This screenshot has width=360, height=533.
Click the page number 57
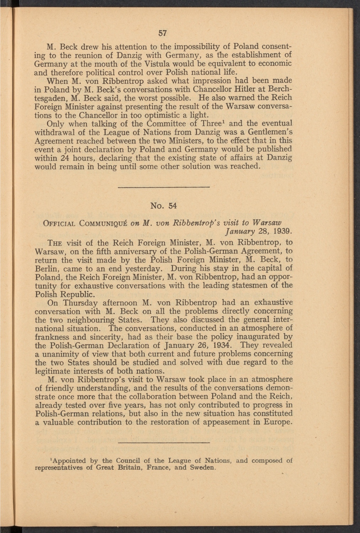(162, 33)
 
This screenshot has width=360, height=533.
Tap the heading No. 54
(163, 206)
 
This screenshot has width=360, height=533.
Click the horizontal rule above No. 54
(163, 187)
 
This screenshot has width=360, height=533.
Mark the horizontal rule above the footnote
(163, 442)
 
